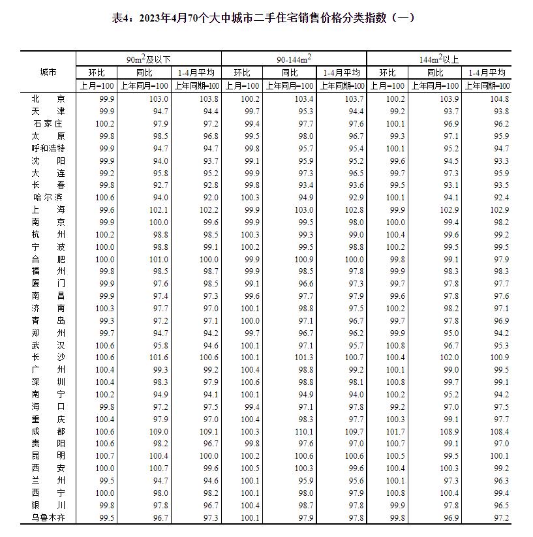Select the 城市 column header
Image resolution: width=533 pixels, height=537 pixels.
48,72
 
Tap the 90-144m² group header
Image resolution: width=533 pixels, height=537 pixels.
294,59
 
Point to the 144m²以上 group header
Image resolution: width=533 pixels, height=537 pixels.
438,59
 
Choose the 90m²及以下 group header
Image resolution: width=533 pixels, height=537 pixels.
149,59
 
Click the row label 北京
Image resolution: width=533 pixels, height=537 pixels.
48,99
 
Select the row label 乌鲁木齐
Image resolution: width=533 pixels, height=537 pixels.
48,517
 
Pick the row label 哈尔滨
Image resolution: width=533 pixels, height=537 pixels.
48,197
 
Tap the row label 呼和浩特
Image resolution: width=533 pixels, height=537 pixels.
48,148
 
